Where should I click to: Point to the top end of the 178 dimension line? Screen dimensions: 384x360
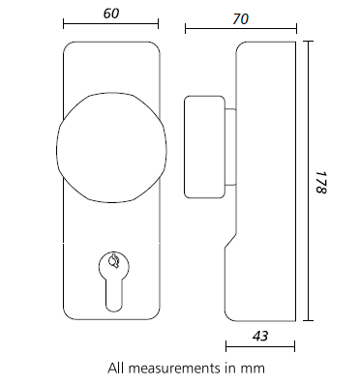(x=309, y=42)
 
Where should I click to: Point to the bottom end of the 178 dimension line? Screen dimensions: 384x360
(x=309, y=321)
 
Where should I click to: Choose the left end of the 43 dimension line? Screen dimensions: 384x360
(x=225, y=344)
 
